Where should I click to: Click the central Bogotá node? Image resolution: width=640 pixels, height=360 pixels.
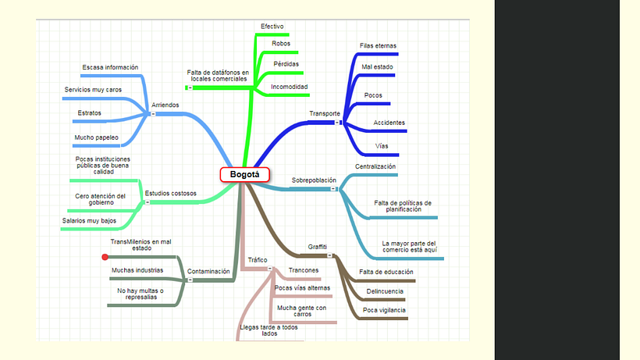[x=244, y=175]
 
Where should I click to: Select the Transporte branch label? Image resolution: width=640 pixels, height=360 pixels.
[x=325, y=113]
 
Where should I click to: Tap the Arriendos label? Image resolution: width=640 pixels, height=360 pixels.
[x=165, y=105]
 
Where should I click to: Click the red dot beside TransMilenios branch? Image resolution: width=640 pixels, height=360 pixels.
[x=105, y=257]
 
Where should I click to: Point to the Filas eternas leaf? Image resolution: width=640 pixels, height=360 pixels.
[x=378, y=46]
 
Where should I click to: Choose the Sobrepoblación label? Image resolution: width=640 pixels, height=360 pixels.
[x=314, y=180]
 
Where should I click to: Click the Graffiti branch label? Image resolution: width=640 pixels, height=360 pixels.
[x=317, y=247]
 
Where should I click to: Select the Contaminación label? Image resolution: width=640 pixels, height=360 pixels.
[x=208, y=271]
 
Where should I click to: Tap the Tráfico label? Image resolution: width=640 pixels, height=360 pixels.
[x=258, y=260]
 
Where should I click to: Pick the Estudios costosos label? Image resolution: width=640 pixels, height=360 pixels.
[x=171, y=193]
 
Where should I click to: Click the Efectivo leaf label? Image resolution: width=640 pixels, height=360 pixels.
[x=272, y=26]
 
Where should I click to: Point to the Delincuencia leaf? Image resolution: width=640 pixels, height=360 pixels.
[x=385, y=291]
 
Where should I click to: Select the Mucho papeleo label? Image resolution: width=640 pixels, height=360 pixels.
[x=96, y=137]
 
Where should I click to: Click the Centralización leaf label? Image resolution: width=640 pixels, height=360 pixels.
[x=375, y=166]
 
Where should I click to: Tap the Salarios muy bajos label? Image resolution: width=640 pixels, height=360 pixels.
[x=89, y=221]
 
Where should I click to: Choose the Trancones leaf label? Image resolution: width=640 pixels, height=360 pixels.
[x=304, y=270]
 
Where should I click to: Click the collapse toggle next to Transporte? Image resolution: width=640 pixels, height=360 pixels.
[x=337, y=123]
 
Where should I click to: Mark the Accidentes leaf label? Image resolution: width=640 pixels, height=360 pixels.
[x=389, y=123]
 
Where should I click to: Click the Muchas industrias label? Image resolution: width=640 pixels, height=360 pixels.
[x=137, y=270]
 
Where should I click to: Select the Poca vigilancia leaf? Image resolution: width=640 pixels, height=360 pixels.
[x=384, y=310]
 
